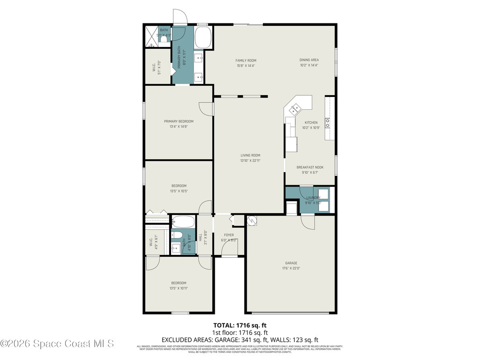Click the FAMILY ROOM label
[246, 60]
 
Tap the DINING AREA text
[309, 60]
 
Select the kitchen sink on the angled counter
[295, 110]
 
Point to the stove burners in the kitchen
[328, 123]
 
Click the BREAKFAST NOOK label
[310, 167]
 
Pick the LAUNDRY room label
[313, 198]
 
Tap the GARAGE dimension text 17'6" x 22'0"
[291, 269]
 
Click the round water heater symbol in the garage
[251, 219]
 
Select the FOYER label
[229, 235]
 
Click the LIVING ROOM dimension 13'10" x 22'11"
[250, 161]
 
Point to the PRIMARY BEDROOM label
[179, 121]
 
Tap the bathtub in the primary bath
[203, 37]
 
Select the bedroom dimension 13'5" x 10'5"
[179, 191]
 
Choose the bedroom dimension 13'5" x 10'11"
[179, 288]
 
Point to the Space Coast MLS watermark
[57, 344]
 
